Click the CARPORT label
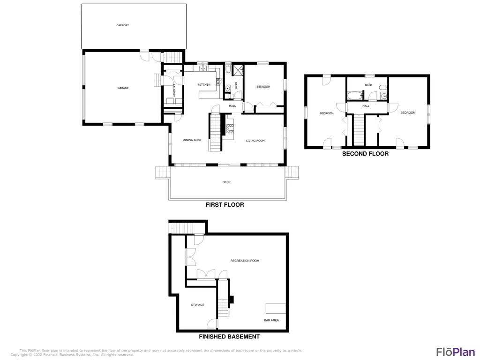[122, 25]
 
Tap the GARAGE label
[123, 88]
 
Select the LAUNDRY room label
[173, 90]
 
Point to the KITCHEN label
[204, 84]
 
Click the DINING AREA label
[192, 140]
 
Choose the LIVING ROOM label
[255, 141]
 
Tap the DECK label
[226, 182]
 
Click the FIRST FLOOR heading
[225, 204]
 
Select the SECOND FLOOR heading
[365, 154]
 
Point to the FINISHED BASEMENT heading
[229, 337]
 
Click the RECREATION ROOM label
[245, 261]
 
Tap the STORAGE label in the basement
[198, 305]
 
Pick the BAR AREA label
[271, 320]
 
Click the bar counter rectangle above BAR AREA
[276, 308]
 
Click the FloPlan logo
[456, 352]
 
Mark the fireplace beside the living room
[230, 128]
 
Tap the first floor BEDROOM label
[263, 87]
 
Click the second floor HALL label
[366, 106]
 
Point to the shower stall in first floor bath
[238, 70]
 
